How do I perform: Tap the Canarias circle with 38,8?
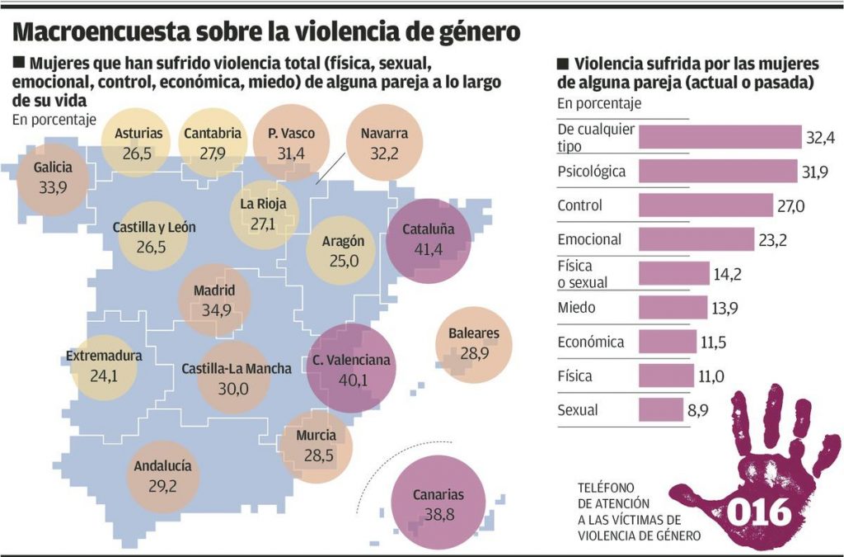tap(438, 505)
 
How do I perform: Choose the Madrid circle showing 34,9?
tap(214, 300)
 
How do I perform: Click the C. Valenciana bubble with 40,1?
tap(351, 370)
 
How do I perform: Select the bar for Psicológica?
tap(718, 171)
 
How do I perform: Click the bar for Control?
tap(704, 205)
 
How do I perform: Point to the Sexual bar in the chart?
tap(660, 409)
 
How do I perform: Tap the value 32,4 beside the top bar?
tap(822, 137)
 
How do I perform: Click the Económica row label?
tap(590, 342)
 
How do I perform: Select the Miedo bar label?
tap(576, 308)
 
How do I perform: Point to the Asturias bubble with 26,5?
tap(138, 141)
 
